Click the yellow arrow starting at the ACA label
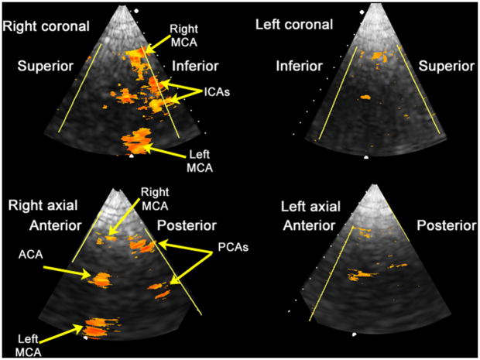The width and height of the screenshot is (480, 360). (x=65, y=269)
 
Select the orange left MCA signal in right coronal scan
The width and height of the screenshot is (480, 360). (x=138, y=141)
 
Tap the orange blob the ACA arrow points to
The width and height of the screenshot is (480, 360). (x=101, y=277)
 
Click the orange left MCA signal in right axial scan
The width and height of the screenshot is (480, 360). (x=98, y=327)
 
